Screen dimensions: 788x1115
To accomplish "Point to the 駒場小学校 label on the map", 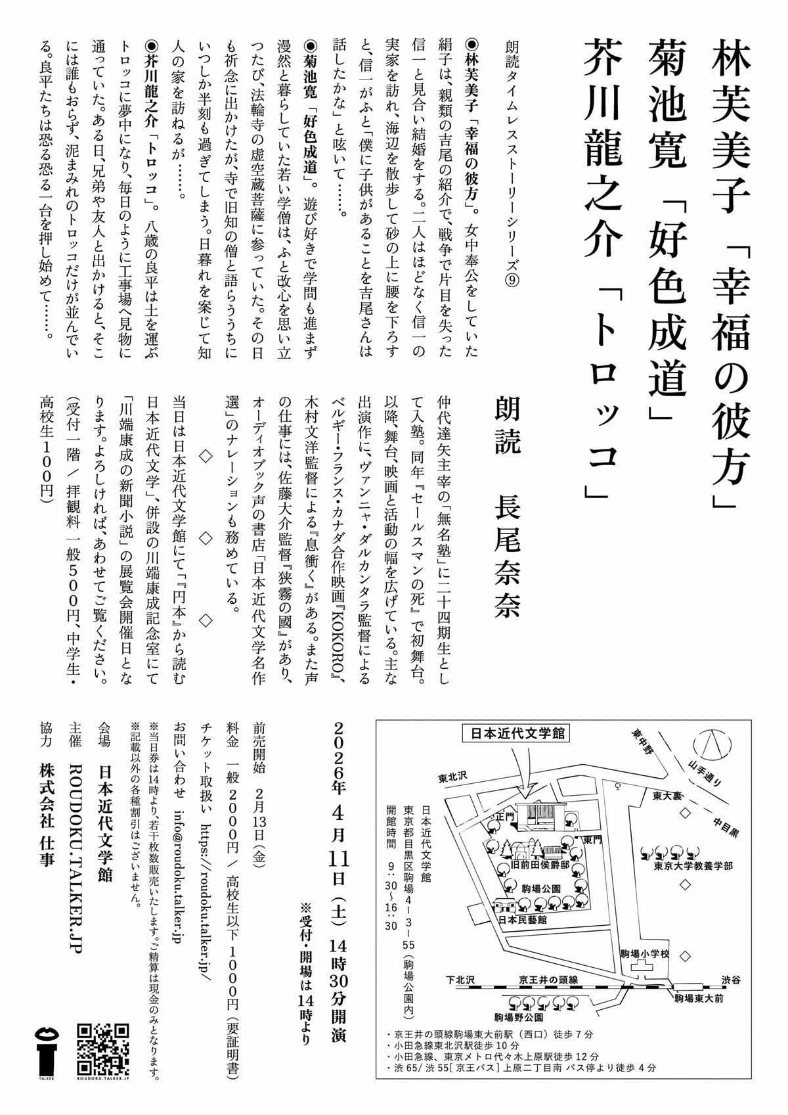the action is [x=645, y=954].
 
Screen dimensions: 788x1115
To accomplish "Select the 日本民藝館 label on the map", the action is [x=522, y=921].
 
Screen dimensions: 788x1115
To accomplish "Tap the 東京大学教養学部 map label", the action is [x=693, y=866].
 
